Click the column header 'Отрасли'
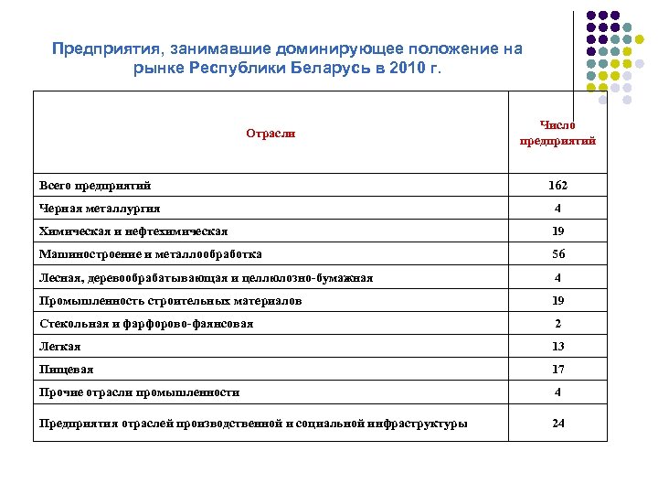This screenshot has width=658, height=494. (271, 134)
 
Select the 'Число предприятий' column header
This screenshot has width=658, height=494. (557, 134)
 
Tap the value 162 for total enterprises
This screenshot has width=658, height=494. (557, 186)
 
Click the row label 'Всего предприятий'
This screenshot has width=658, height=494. (95, 186)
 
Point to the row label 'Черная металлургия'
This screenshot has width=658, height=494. (100, 209)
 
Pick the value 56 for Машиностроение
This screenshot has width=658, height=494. (557, 254)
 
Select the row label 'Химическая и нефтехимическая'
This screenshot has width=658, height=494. (133, 231)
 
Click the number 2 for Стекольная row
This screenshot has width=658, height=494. (557, 324)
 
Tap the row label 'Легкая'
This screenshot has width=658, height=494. (60, 347)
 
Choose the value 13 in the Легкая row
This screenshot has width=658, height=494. (557, 347)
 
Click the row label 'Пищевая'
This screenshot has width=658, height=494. (66, 370)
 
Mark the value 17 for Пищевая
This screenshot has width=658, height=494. (557, 370)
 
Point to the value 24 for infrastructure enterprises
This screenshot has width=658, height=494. (557, 423)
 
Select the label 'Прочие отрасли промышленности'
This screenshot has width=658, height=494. (139, 392)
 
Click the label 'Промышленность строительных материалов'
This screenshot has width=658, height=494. (170, 301)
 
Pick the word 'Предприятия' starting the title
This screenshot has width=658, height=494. (96, 48)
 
